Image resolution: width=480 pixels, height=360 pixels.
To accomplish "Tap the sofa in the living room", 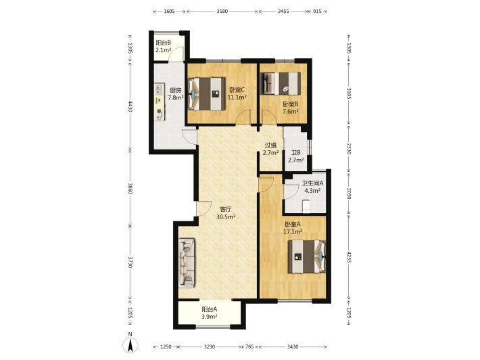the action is [187, 263].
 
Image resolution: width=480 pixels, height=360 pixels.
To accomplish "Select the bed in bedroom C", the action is [207, 94].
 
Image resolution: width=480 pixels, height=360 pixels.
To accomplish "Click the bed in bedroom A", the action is [306, 256].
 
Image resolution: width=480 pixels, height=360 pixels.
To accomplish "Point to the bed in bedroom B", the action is [280, 83].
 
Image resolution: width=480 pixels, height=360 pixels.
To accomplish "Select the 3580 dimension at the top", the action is [222, 12].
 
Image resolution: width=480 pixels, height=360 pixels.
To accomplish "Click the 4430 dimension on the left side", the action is [130, 106].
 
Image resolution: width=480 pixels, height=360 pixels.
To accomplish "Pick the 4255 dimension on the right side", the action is [349, 258].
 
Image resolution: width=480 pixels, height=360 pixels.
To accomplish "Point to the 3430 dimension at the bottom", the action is [293, 347].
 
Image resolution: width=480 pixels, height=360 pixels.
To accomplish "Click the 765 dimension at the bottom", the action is [249, 347].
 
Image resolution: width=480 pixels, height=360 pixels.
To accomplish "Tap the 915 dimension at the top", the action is [318, 12].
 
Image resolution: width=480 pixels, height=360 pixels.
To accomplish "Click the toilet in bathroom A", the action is [306, 206].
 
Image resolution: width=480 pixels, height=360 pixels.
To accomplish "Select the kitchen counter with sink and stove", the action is [160, 102].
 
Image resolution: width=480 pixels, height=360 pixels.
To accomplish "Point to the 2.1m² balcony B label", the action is [163, 50].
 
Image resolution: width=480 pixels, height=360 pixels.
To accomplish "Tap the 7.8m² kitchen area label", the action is [176, 98].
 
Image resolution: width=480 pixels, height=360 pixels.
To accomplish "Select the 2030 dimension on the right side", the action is [349, 194].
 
